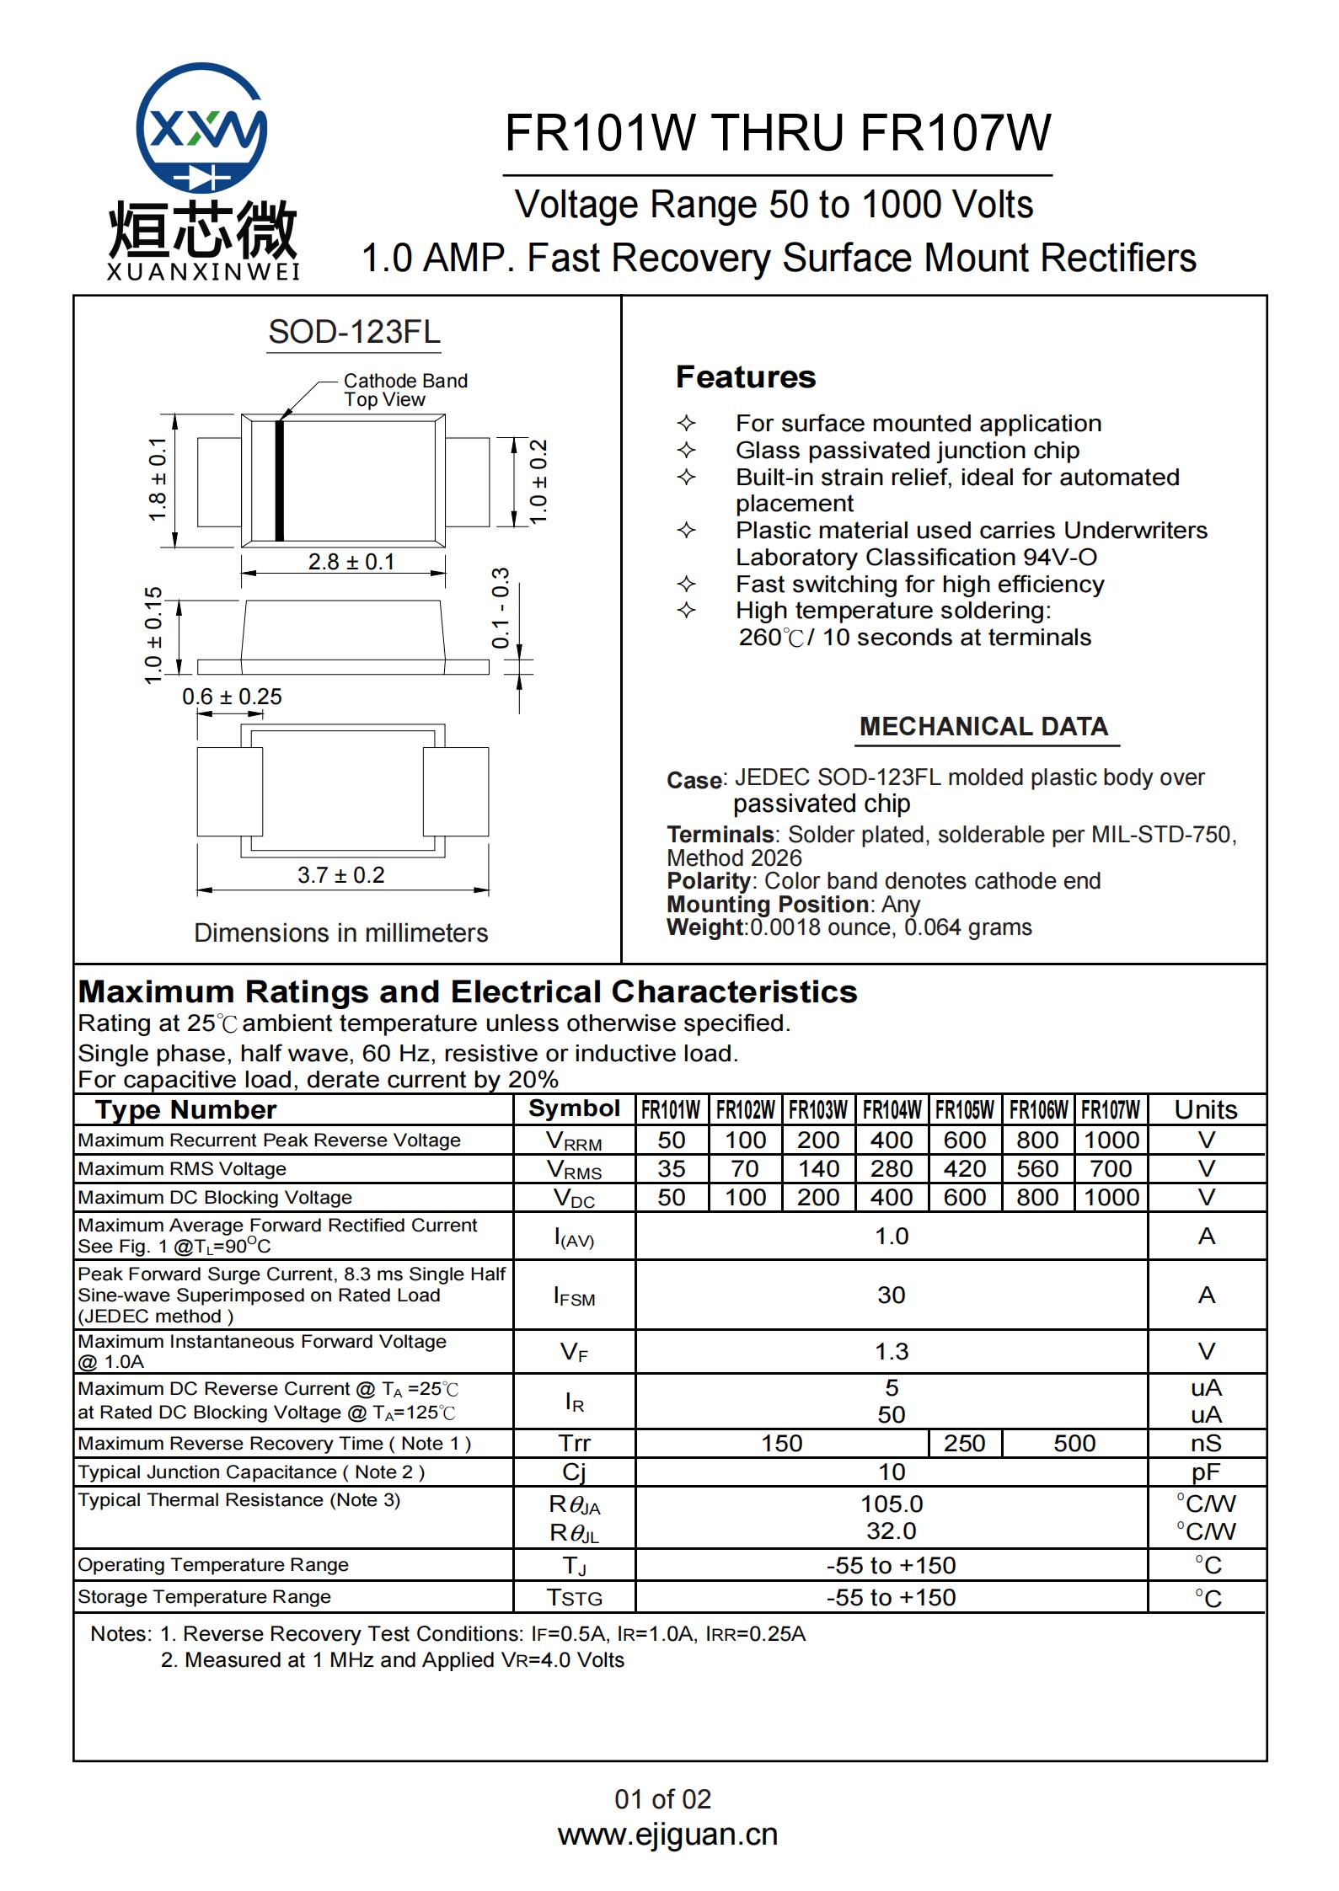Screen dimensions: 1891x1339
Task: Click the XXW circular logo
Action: [201, 128]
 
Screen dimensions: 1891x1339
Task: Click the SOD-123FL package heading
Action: [354, 332]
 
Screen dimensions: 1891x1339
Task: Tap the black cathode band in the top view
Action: [280, 479]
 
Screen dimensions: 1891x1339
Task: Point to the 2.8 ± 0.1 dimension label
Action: [351, 562]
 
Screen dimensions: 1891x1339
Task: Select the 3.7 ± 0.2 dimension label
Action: [340, 875]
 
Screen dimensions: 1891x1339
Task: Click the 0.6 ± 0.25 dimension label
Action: [232, 697]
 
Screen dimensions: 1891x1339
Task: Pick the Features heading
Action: [746, 377]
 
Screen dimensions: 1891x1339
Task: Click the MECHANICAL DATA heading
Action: [983, 726]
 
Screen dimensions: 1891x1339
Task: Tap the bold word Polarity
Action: [709, 881]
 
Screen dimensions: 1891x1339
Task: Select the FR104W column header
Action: [892, 1110]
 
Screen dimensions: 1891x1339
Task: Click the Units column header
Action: [1206, 1110]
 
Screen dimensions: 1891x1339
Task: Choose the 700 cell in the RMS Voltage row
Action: [1111, 1168]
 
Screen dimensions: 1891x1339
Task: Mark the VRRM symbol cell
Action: [574, 1140]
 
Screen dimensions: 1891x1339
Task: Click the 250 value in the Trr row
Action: [964, 1443]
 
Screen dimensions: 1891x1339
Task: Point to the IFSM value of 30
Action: [892, 1295]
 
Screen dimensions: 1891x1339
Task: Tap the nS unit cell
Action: [1206, 1443]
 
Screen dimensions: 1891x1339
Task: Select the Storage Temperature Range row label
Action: [205, 1596]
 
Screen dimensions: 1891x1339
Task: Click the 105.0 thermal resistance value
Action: [892, 1504]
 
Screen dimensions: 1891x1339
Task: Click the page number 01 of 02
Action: [663, 1799]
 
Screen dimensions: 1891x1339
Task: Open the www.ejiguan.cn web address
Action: [667, 1834]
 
